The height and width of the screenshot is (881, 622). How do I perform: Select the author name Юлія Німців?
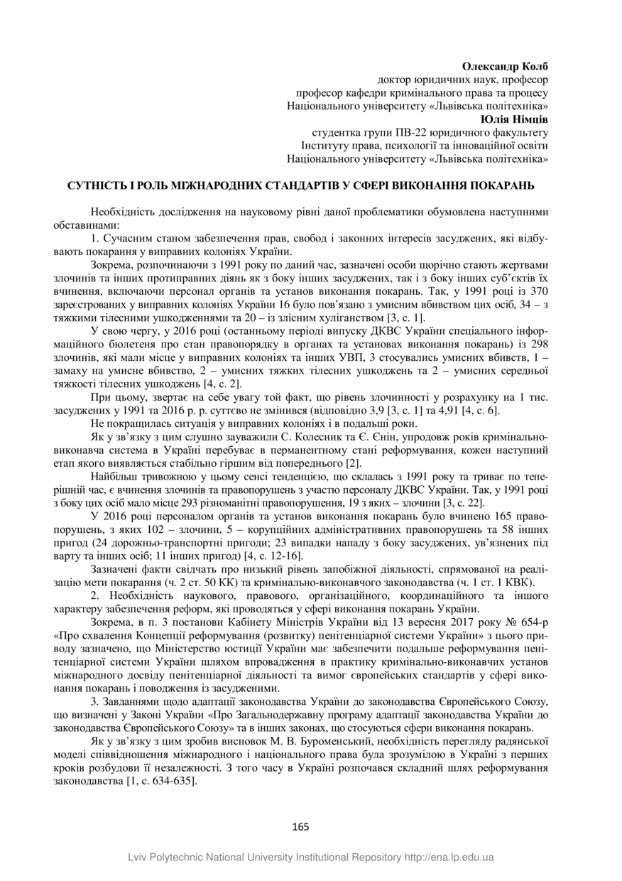[x=515, y=118]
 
